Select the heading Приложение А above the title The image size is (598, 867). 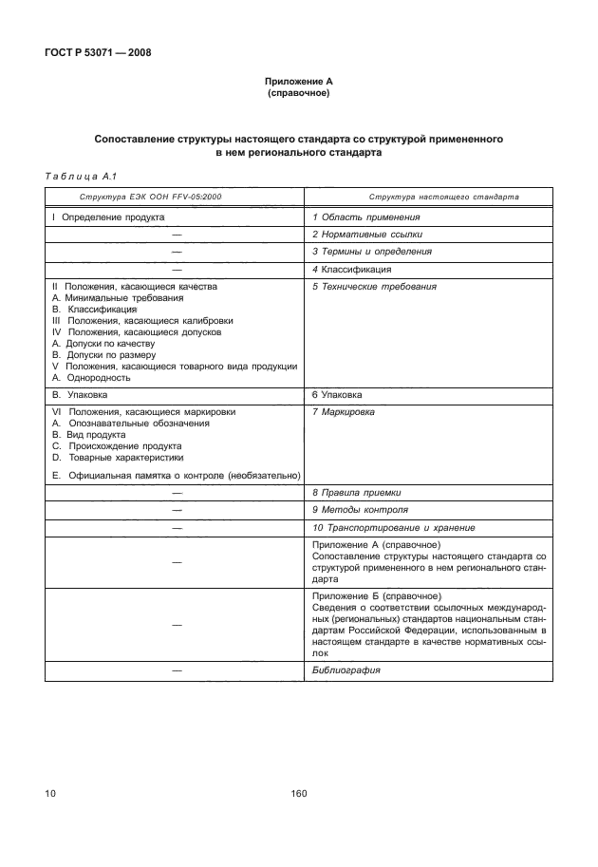click(x=298, y=83)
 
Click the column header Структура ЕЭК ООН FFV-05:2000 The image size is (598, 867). click(x=142, y=198)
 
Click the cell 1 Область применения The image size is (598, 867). click(x=365, y=217)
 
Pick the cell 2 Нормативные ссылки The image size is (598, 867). click(x=367, y=234)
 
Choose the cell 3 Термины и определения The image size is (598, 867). click(x=372, y=252)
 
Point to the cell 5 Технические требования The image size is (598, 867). click(x=374, y=287)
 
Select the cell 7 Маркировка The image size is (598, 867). click(x=344, y=413)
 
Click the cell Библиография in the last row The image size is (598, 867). click(x=346, y=670)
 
